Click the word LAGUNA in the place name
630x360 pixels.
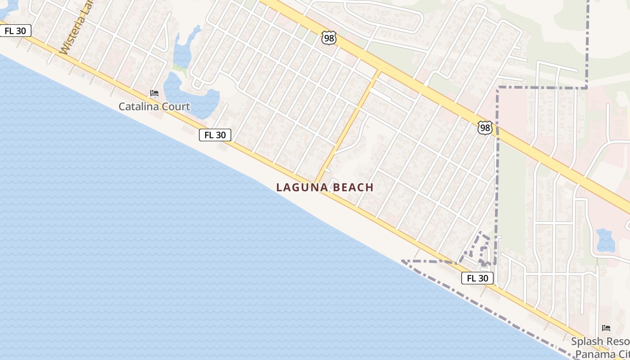click(x=301, y=188)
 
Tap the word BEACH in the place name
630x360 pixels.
click(x=353, y=188)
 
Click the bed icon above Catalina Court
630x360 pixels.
click(x=154, y=94)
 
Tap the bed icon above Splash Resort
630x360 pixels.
click(x=606, y=328)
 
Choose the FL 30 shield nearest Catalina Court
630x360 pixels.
click(x=215, y=135)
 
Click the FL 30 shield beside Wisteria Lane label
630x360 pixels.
click(x=15, y=31)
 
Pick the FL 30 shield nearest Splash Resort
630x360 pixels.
click(x=477, y=278)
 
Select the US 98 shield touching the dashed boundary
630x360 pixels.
click(x=485, y=128)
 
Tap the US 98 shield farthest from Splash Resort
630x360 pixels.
click(x=329, y=38)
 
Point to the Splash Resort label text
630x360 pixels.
click(x=600, y=341)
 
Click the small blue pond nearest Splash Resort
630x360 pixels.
click(x=605, y=240)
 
